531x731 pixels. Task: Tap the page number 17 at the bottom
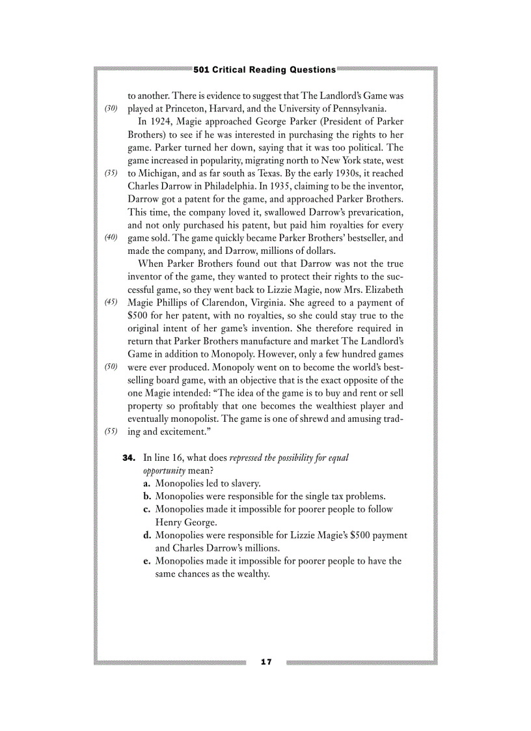coord(265,662)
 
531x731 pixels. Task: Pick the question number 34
coord(129,458)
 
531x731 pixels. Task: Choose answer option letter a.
coord(147,484)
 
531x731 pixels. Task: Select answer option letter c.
coord(147,509)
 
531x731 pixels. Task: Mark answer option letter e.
coord(147,561)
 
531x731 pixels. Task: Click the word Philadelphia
coord(217,186)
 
